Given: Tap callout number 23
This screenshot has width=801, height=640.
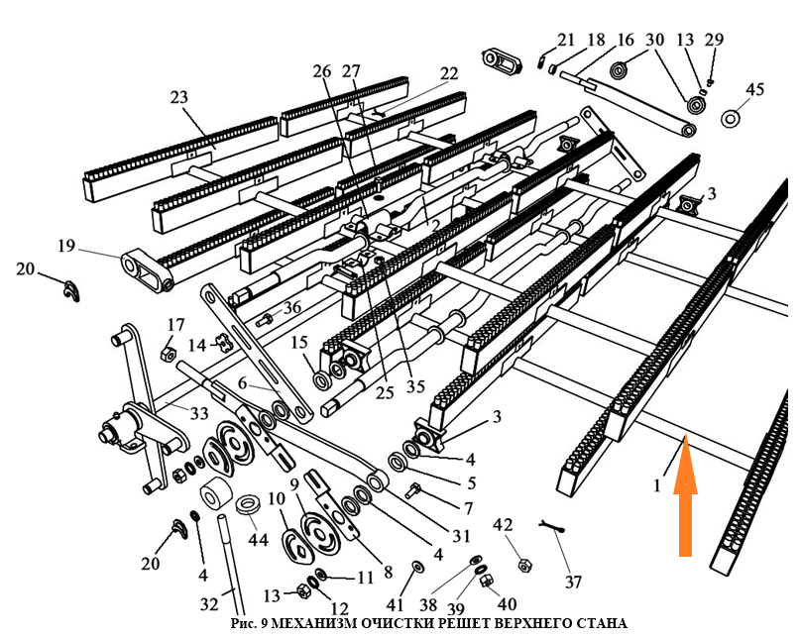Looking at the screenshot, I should [x=178, y=98].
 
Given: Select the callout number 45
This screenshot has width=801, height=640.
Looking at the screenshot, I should [x=754, y=90].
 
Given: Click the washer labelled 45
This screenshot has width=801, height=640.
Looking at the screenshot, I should [x=732, y=119].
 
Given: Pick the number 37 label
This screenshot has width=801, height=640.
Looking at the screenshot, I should [x=573, y=583].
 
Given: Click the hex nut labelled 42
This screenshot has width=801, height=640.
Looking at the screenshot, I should [x=523, y=566].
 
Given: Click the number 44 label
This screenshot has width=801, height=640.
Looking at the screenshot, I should [x=258, y=540].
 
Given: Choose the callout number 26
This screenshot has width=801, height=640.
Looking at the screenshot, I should [x=321, y=71].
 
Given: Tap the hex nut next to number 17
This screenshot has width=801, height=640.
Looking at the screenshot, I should [x=169, y=354].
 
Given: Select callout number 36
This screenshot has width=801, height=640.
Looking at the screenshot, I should [x=291, y=308].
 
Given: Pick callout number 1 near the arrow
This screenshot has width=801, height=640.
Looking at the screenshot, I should [x=655, y=485].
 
